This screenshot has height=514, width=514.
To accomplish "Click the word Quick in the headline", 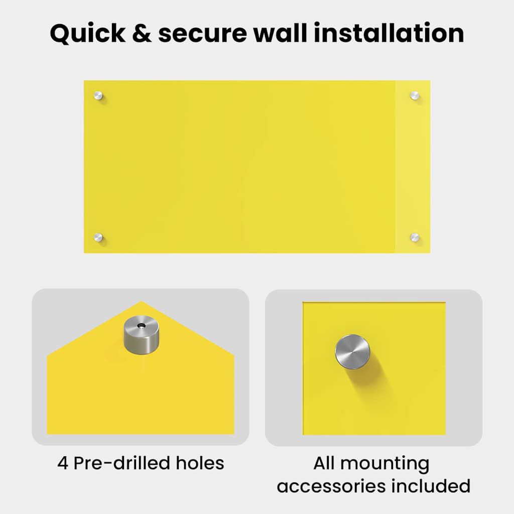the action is pos(87,34).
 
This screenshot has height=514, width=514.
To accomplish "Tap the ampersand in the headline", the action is pos(142,33).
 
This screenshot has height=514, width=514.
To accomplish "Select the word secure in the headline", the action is pos(203,35).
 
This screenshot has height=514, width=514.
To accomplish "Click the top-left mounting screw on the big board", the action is pos(98,96).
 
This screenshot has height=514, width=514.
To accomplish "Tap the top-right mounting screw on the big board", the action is pos(415,96).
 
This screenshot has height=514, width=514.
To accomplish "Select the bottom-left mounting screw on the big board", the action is pos(98,237).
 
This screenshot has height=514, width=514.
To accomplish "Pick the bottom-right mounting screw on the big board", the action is pos(415,237).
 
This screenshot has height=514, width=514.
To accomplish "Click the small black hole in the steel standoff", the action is pos(142,325).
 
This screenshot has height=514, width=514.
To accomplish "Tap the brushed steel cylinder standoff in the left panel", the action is pos(141,335).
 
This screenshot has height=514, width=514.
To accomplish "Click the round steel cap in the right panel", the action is pos(352,352).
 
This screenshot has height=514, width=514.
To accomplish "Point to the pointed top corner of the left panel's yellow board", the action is pos(141,301).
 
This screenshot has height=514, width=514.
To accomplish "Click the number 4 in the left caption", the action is pos(63,463).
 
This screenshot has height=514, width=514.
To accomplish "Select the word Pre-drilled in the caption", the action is pos(121,463).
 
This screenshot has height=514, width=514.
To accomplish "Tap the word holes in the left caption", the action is pos(200,463).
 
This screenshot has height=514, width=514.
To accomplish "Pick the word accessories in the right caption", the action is pos(331,486).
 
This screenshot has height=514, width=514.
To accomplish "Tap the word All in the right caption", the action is pos(324,463).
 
